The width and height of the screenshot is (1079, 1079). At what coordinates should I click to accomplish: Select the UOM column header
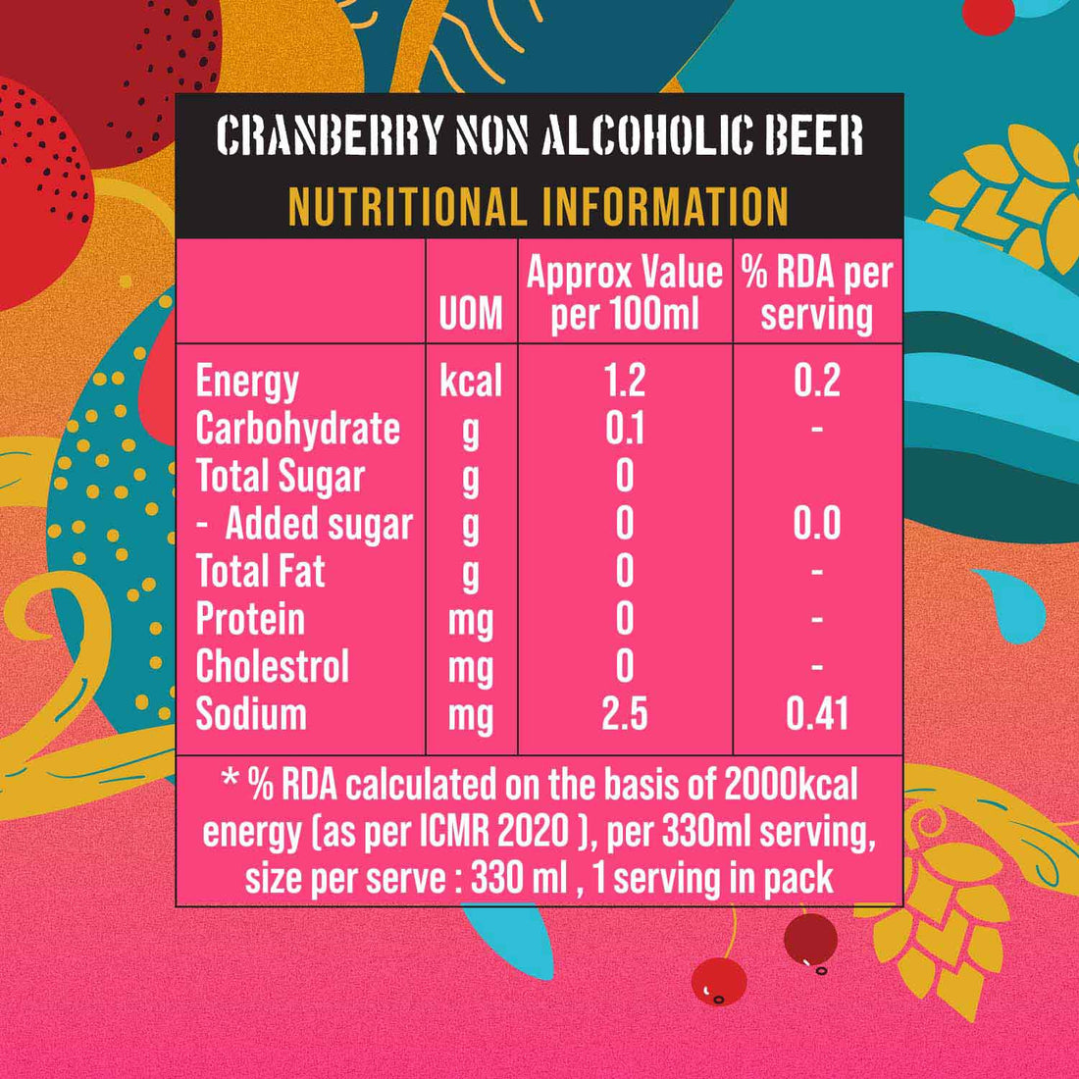[x=471, y=315]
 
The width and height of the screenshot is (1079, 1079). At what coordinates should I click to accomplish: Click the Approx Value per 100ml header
[x=625, y=293]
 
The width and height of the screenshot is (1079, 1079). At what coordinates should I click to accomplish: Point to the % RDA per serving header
[x=817, y=293]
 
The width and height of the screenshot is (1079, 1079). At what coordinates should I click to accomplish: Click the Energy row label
[x=247, y=381]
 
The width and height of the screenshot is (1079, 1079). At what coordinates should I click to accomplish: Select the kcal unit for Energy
[x=471, y=381]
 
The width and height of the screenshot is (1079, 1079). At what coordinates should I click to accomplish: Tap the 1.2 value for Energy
[x=625, y=381]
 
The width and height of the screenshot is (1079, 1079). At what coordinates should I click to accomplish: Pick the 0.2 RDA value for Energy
[x=817, y=381]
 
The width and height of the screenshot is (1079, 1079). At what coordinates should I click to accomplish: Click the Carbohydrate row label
[x=298, y=429]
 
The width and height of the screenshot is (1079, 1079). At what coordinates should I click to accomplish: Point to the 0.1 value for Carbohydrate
[x=625, y=429]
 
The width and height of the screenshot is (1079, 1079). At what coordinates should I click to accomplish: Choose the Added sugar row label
[x=319, y=524]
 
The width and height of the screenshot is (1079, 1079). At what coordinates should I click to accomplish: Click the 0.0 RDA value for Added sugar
[x=817, y=524]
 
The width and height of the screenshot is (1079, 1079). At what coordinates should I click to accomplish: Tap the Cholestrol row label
[x=273, y=667]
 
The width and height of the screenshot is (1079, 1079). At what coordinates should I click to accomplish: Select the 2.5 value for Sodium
[x=625, y=714]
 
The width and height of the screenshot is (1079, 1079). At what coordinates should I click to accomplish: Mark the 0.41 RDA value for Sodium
[x=817, y=714]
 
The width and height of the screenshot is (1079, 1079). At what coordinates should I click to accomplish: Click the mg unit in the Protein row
[x=471, y=620]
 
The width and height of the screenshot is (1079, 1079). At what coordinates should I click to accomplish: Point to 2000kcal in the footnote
[x=791, y=785]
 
